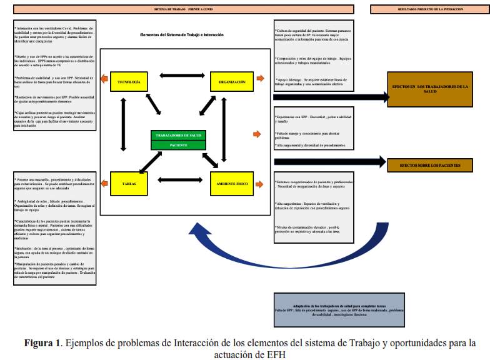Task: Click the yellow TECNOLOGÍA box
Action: coord(129,82)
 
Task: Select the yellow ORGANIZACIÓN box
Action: coord(231,82)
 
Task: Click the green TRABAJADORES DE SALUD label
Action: coord(179,136)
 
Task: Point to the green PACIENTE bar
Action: coord(179,145)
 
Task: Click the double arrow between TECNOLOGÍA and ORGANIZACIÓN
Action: coord(179,76)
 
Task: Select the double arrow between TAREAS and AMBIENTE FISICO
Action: coord(179,181)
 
